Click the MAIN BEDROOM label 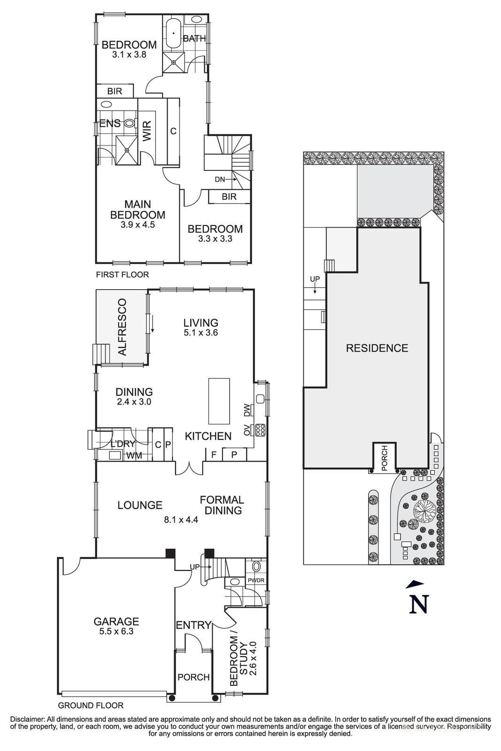point(138,210)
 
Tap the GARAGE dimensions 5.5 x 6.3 point(116,631)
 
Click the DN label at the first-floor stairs point(220,179)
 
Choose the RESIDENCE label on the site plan point(377,348)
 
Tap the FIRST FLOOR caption point(122,275)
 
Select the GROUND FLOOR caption point(91,705)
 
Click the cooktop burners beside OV point(260,430)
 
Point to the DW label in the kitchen point(247,410)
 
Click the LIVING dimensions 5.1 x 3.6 point(200,333)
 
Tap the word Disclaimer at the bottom point(27,719)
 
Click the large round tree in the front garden point(424,510)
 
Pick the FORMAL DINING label point(222,505)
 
